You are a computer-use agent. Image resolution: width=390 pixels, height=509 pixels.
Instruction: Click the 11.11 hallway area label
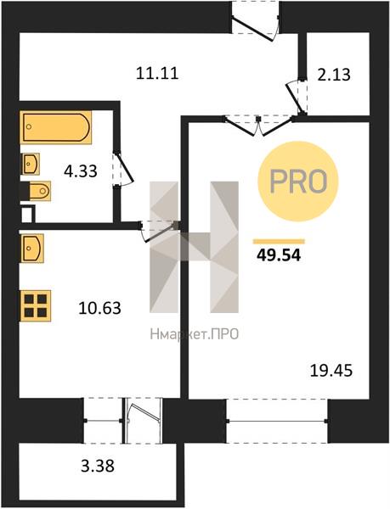(157, 73)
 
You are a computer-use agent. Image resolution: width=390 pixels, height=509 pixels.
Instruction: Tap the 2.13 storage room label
(334, 75)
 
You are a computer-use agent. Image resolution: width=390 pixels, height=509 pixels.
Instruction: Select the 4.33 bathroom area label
(81, 171)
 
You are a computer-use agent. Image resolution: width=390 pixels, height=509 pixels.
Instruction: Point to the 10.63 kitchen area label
(99, 308)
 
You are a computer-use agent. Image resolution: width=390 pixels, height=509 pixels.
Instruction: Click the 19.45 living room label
(331, 370)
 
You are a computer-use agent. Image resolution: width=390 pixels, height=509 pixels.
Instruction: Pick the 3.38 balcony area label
(98, 466)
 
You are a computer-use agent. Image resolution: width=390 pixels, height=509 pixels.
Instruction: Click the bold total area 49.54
(279, 255)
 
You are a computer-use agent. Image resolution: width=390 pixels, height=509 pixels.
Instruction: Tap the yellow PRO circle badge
(298, 182)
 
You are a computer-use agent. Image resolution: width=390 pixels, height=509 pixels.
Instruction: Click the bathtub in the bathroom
(55, 127)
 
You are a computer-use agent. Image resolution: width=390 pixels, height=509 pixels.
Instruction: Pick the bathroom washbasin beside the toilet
(31, 164)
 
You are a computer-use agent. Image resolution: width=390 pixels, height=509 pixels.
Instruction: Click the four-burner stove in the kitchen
(36, 305)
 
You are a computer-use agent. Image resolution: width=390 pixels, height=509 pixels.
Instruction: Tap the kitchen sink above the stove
(31, 249)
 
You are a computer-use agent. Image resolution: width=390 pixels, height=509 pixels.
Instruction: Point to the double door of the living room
(258, 126)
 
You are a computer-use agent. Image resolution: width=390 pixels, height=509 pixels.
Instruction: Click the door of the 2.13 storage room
(297, 97)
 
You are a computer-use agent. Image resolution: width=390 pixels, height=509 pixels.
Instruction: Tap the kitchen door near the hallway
(159, 231)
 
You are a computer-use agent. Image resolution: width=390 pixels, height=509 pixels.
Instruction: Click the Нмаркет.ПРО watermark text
(195, 333)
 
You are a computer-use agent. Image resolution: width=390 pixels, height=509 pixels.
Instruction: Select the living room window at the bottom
(277, 421)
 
